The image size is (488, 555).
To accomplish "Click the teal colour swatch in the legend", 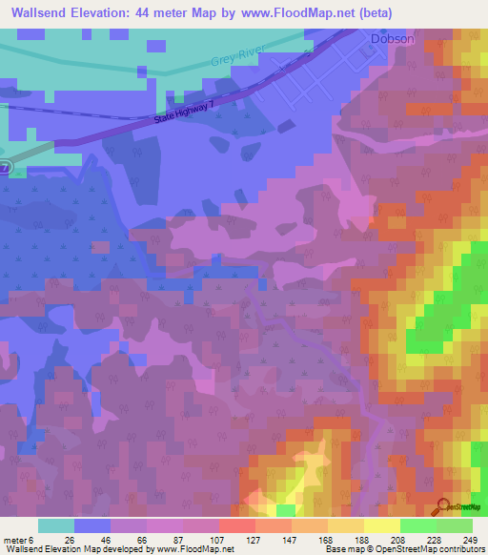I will tap(56, 525).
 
